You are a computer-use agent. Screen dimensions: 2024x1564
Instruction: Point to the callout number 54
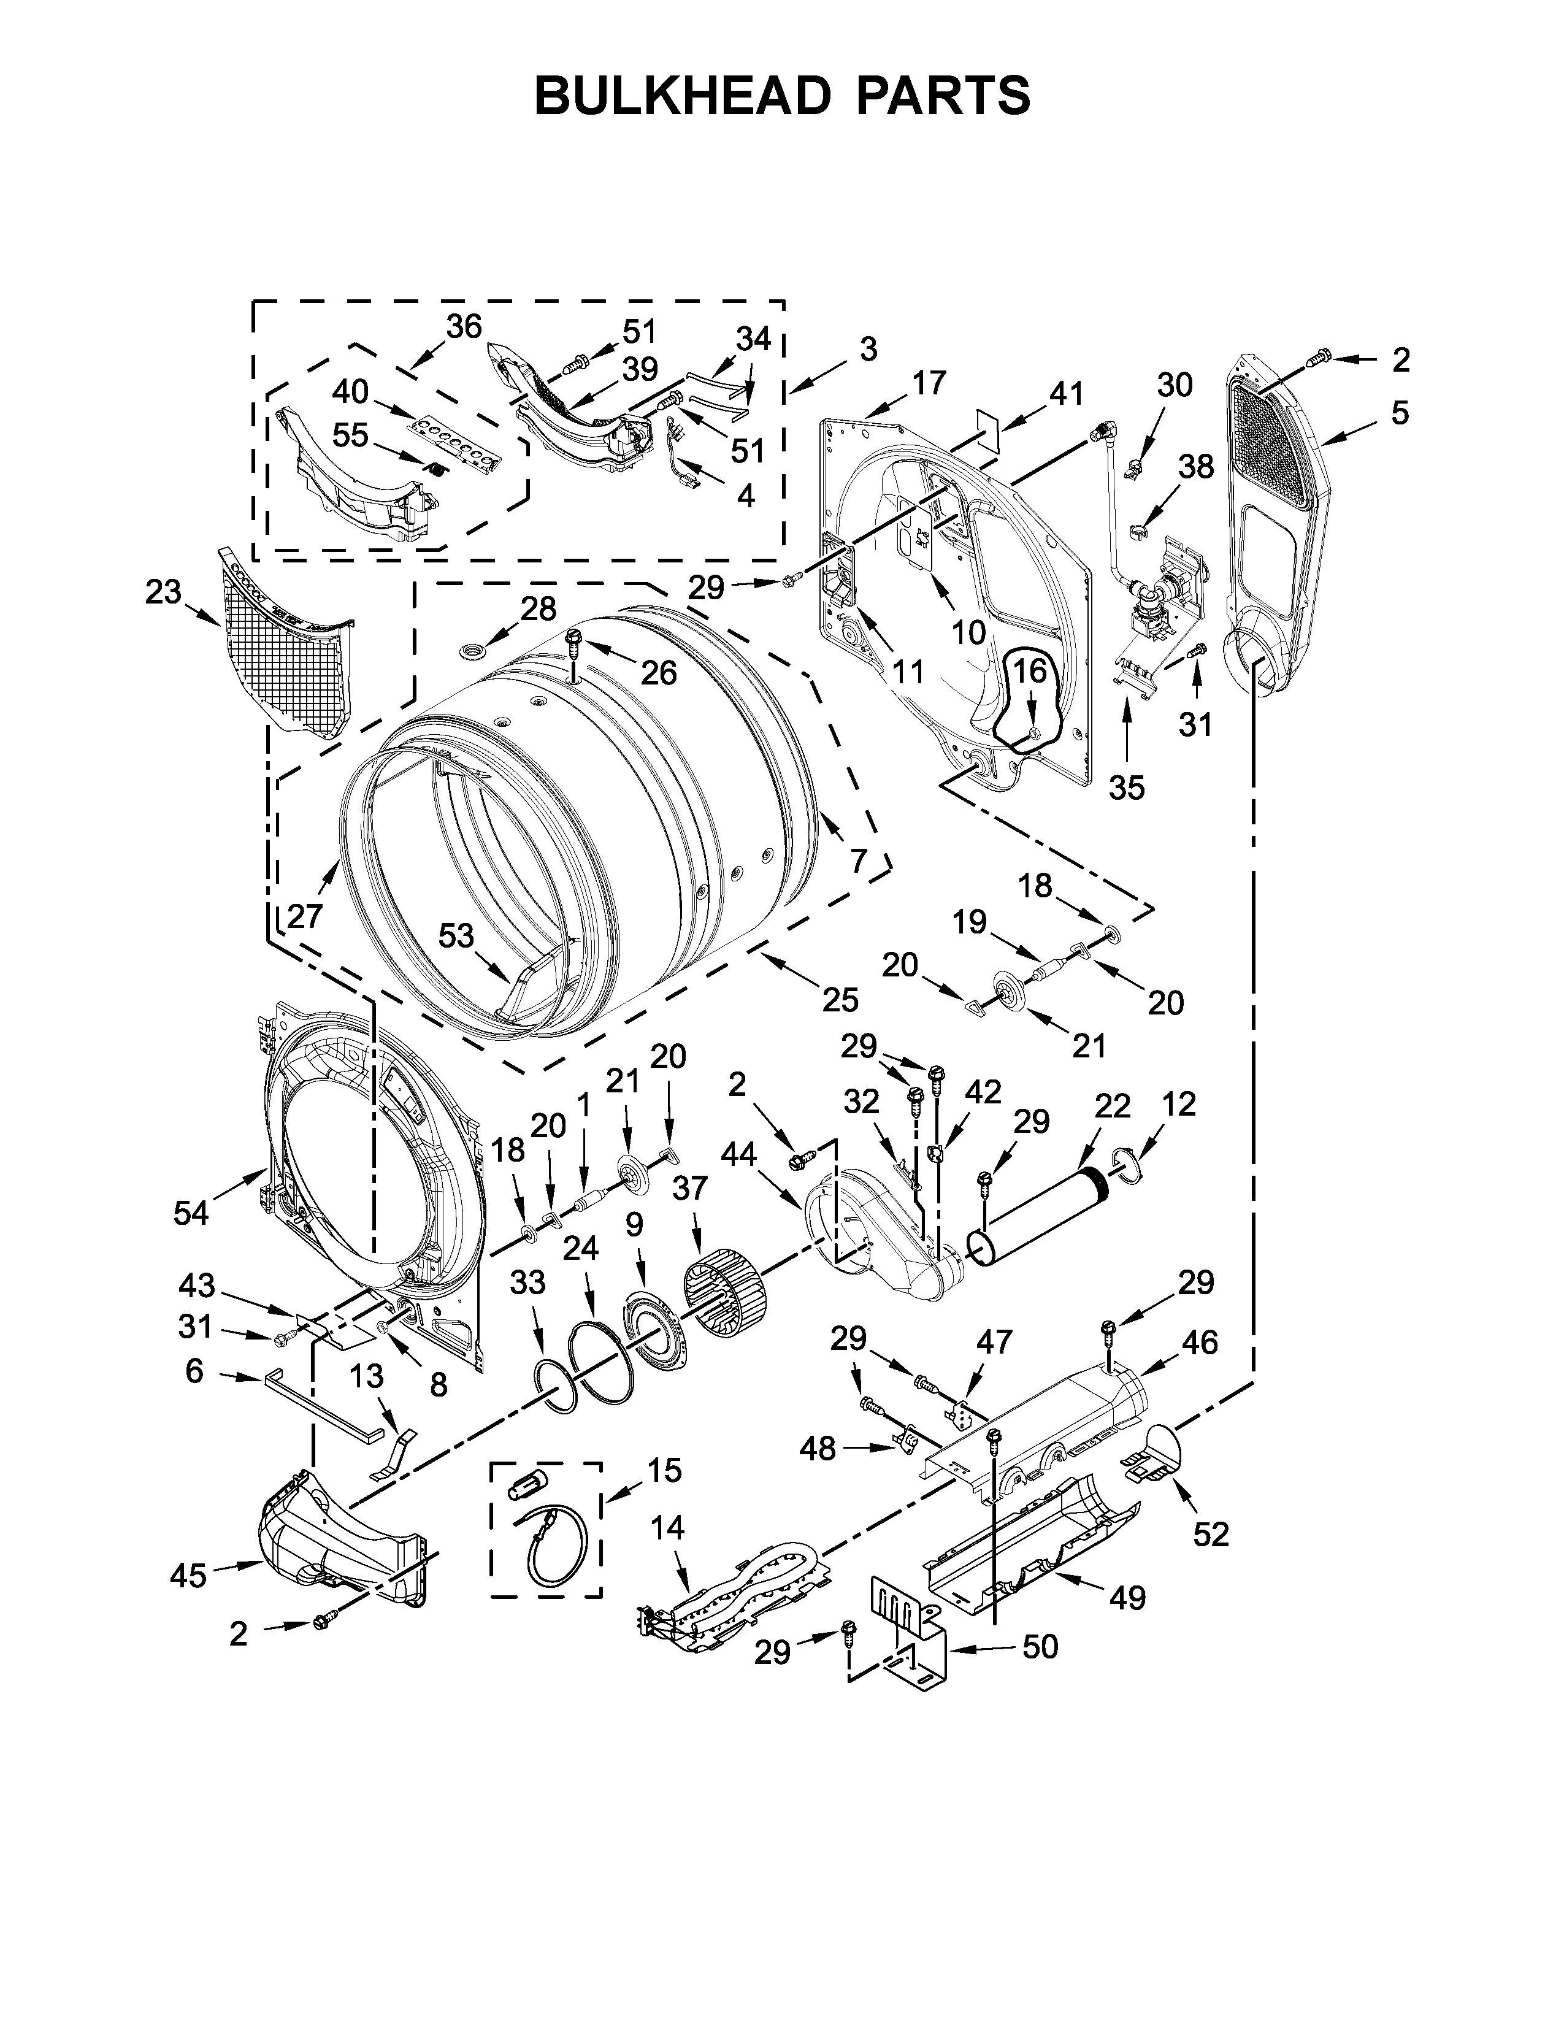tap(191, 1212)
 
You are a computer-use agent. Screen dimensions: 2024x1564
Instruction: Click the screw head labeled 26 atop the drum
tap(573, 637)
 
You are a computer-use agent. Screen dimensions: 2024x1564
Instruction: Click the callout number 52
tap(1210, 1534)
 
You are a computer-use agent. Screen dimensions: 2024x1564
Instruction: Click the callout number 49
tap(1127, 1597)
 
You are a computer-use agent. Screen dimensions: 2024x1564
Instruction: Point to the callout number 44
tap(738, 1154)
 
